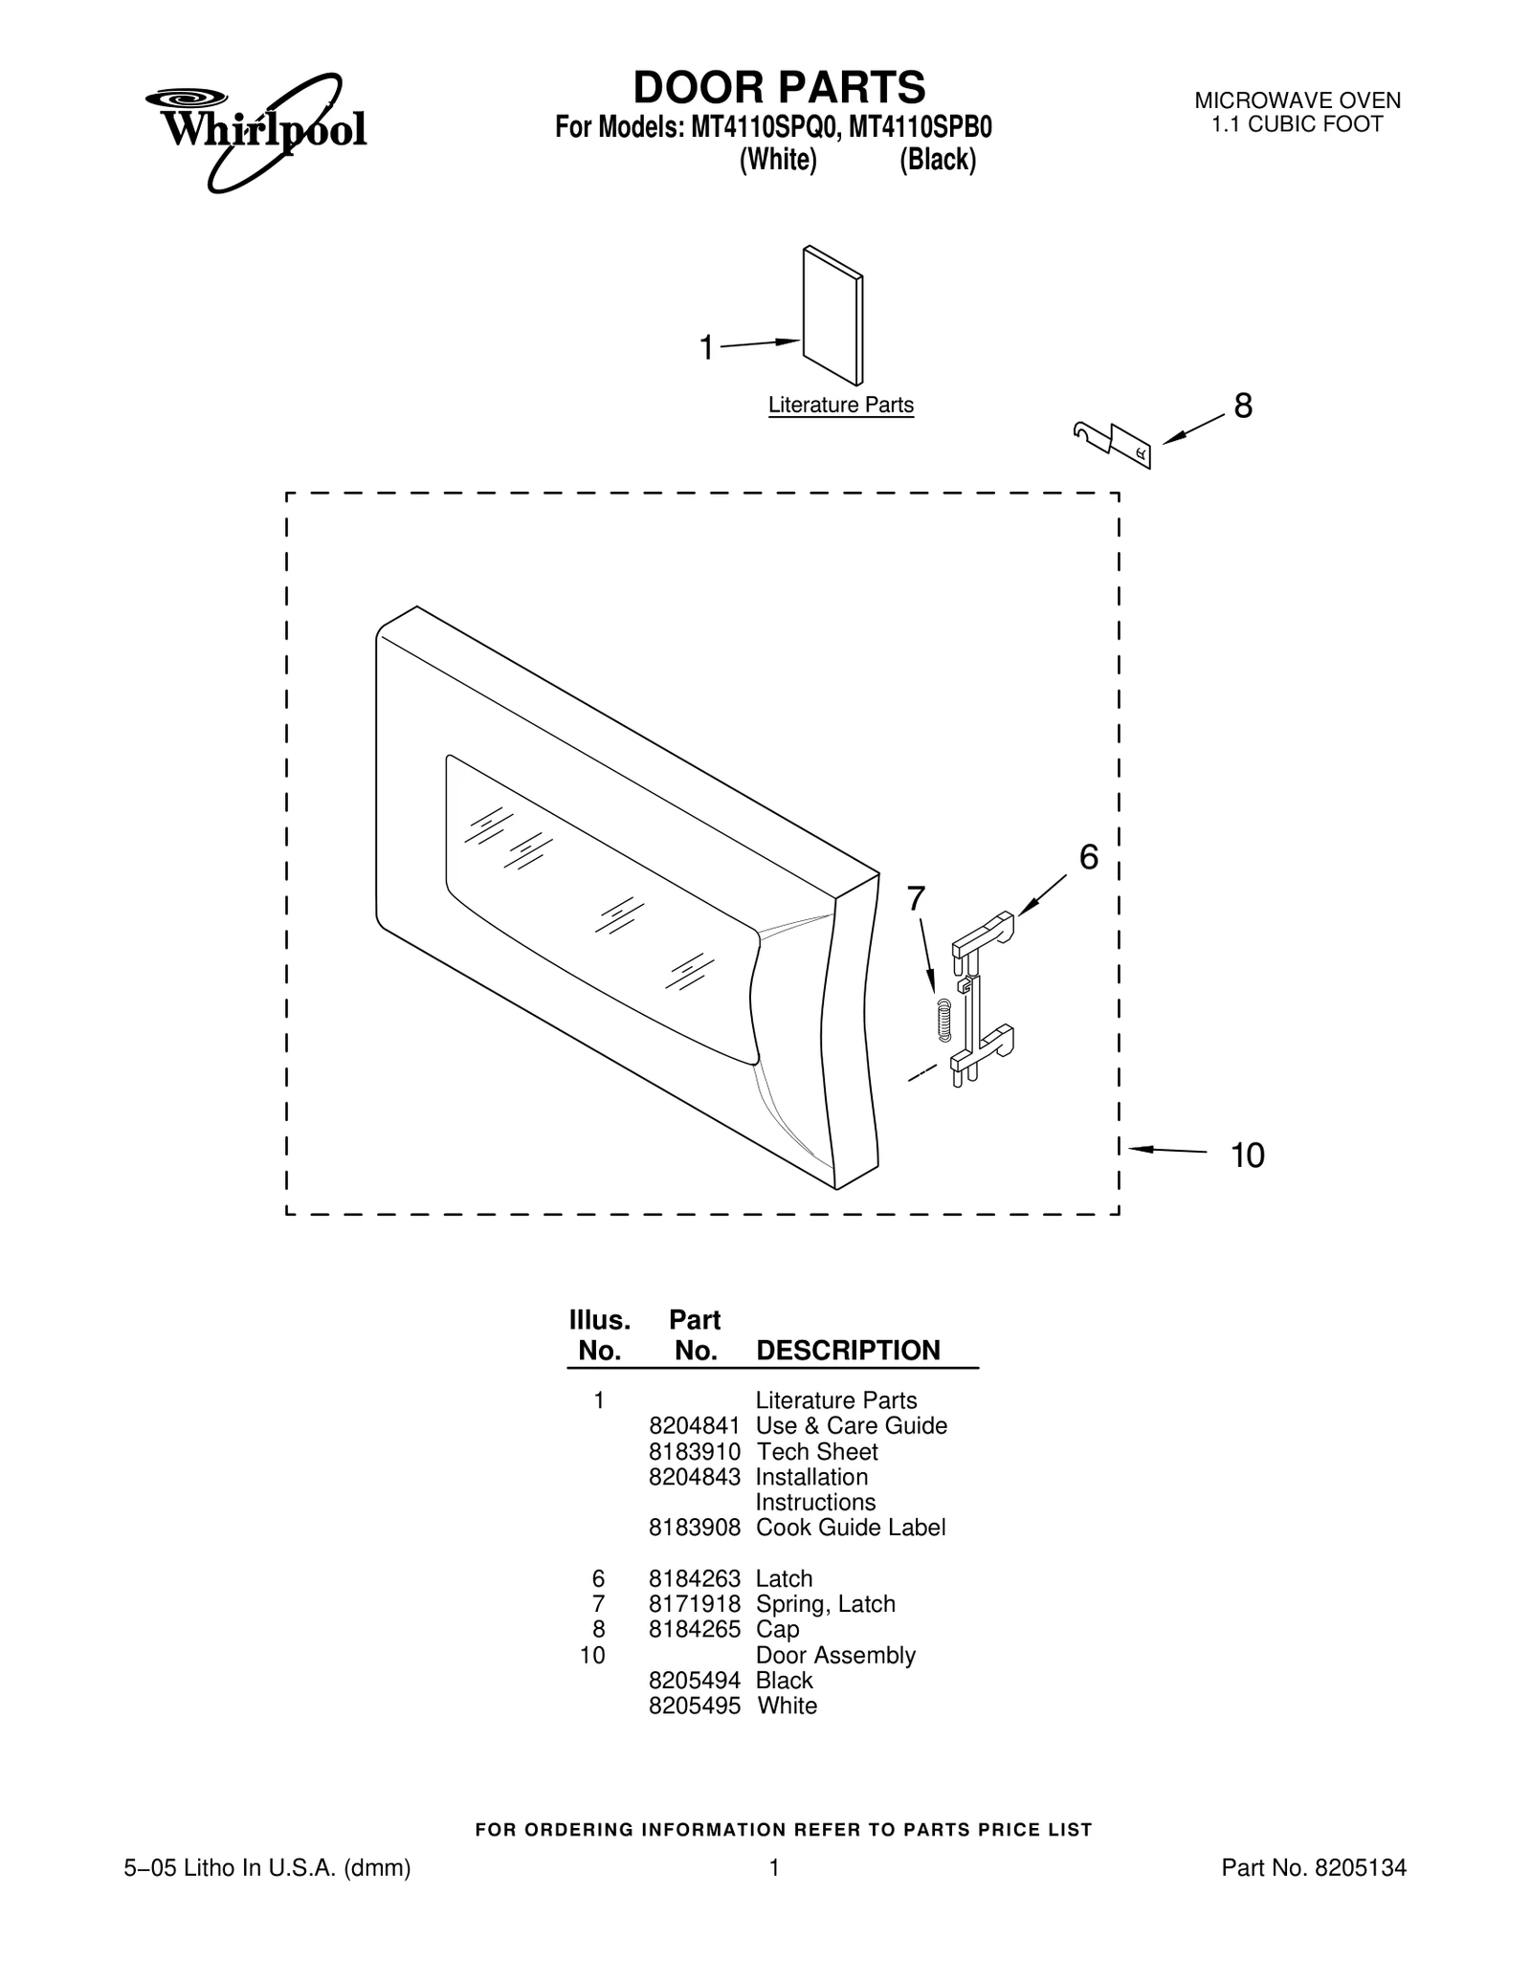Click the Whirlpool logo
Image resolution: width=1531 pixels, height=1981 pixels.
[256, 132]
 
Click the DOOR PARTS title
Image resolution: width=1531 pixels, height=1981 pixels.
[779, 87]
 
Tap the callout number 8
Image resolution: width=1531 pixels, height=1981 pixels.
[1243, 407]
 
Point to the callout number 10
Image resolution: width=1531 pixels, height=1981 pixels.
[1248, 1156]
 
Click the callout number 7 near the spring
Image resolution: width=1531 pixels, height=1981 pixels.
[916, 899]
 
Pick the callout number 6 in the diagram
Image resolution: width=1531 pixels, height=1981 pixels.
[1089, 858]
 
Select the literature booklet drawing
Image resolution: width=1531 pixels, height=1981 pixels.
[832, 316]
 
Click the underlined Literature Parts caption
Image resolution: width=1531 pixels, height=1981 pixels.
[841, 406]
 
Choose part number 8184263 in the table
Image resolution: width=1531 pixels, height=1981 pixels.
[695, 1579]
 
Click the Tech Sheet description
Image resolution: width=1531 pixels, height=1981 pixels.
[817, 1452]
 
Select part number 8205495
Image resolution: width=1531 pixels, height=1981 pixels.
[695, 1706]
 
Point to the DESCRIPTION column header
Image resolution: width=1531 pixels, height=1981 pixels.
[849, 1351]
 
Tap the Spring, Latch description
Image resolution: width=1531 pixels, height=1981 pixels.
[826, 1604]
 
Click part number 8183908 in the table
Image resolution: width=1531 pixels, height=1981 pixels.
[695, 1528]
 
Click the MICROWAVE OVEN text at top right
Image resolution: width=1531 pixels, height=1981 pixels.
[1298, 100]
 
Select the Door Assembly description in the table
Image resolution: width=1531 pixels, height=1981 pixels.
[835, 1656]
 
